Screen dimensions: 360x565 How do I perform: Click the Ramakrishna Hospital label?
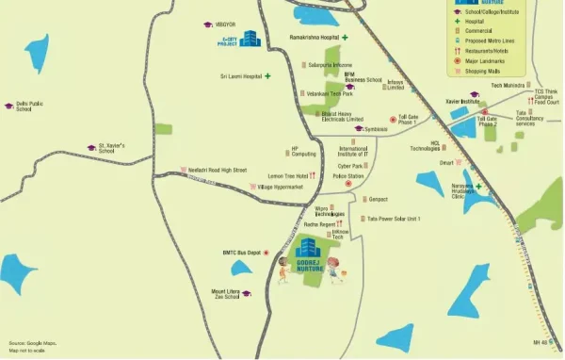coord(314,37)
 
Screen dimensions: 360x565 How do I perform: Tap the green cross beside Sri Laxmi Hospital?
coord(267,75)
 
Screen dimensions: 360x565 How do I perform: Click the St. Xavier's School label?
coord(112,149)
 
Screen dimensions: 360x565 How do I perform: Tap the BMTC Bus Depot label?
coord(241,253)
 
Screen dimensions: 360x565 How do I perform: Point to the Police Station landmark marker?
coord(348,184)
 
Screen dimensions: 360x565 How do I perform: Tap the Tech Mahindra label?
coord(507,85)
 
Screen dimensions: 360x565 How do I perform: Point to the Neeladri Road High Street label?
coord(219,171)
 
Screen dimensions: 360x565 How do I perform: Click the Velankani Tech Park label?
coord(328,93)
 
